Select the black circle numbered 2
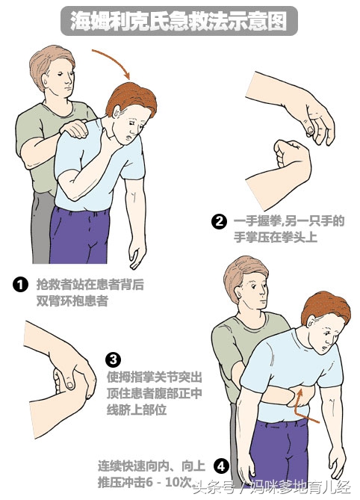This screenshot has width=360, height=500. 219,221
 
